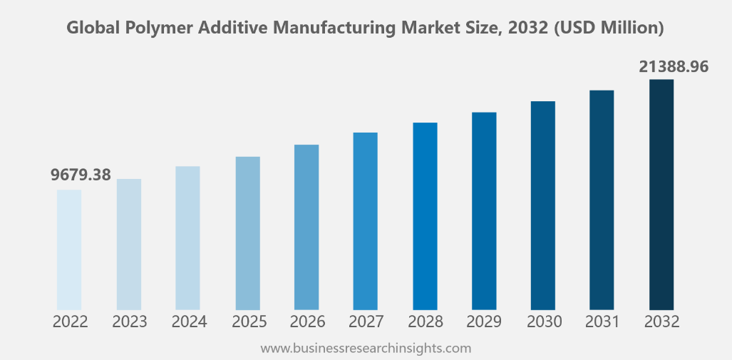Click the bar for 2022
(69, 250)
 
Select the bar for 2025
(248, 233)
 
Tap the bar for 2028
(425, 216)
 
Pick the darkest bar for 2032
(661, 195)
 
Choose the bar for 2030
(543, 205)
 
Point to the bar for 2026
(306, 227)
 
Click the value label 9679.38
(81, 175)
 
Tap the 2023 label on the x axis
(129, 322)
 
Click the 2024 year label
(189, 322)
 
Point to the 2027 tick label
(366, 322)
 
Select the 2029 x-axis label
(484, 322)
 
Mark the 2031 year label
(602, 322)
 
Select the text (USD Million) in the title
(612, 29)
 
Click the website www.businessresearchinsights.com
(366, 349)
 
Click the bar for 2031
(602, 200)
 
